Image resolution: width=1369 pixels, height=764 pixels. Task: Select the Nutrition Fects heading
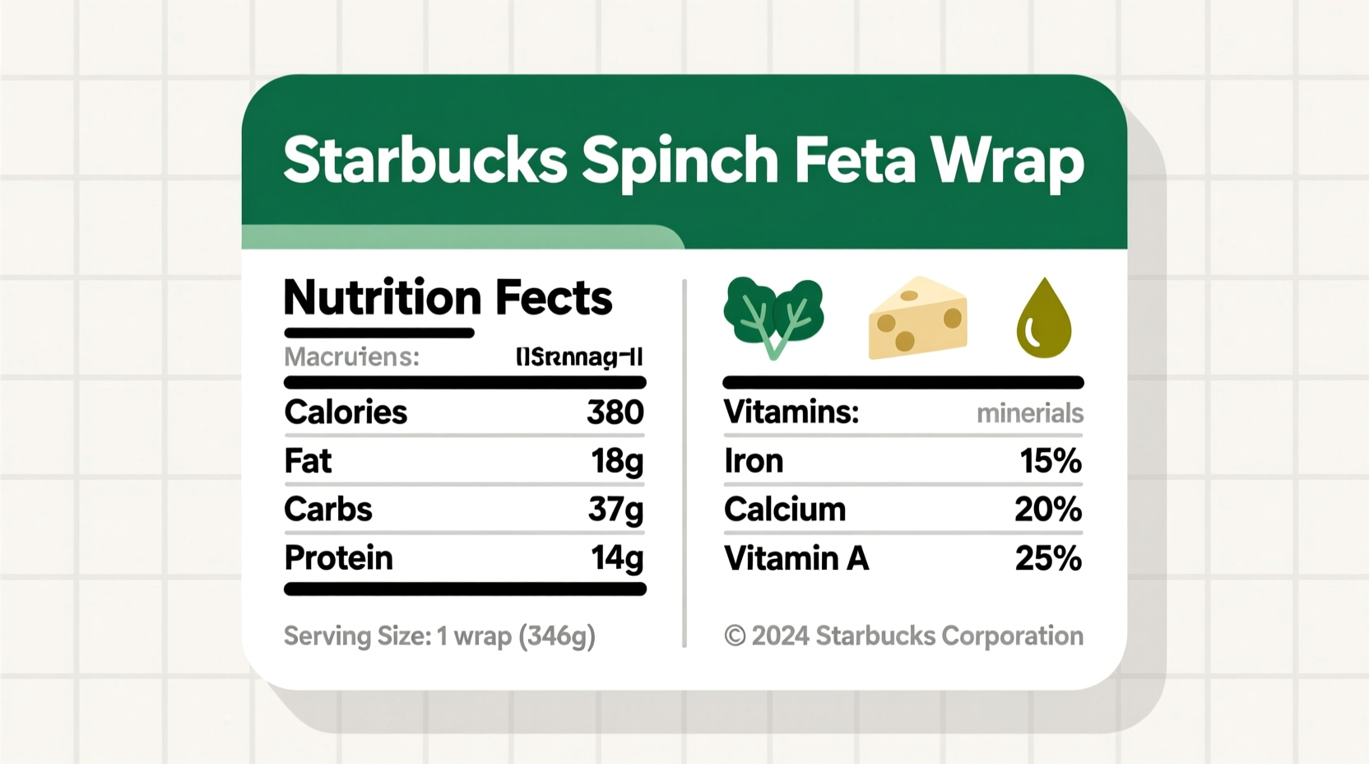coord(448,297)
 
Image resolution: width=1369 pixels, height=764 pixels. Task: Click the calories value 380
coord(615,412)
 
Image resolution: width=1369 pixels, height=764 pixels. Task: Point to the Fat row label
coord(308,461)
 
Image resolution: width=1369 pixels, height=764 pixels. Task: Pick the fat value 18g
coord(616,461)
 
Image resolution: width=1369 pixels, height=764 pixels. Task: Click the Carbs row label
coord(327,510)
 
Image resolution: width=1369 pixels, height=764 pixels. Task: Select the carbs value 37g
coord(615,510)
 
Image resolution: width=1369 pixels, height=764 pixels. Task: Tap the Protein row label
coord(338,558)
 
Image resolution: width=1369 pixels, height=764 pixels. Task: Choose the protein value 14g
coord(616,558)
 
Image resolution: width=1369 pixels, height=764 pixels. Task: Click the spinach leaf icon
coord(773,317)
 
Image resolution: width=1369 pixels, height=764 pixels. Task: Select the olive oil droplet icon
coord(1044,319)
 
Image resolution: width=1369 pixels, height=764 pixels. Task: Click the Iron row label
coord(753,461)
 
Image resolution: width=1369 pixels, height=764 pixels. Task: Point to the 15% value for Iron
coord(1050,461)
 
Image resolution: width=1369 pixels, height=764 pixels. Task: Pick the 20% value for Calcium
coord(1047,510)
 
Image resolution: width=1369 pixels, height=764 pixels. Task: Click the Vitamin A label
coord(796,558)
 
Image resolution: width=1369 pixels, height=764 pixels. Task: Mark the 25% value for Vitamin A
coord(1047,558)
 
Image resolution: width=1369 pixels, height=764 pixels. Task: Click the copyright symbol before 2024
coord(735,636)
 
